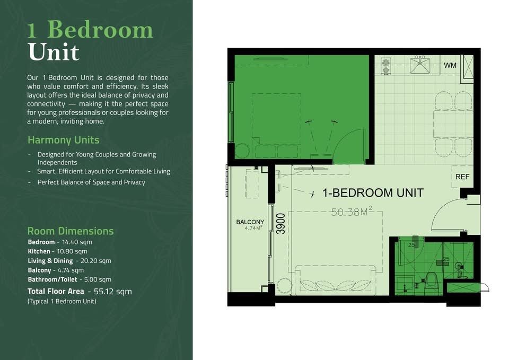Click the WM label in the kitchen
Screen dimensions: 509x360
[x=450, y=65]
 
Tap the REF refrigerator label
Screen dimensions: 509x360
[x=462, y=177]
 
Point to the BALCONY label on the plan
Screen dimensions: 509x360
[x=250, y=222]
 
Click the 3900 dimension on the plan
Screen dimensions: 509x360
[x=281, y=224]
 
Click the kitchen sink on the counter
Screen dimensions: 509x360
[x=420, y=65]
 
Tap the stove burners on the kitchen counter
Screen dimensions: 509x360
[x=385, y=66]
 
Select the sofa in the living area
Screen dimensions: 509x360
[x=336, y=280]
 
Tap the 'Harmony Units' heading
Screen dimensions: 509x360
[x=63, y=140]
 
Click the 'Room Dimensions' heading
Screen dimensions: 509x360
[x=71, y=231]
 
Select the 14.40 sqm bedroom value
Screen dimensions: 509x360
[x=77, y=242]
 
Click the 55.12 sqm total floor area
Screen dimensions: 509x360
[x=112, y=292]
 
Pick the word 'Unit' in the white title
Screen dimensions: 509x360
[x=54, y=51]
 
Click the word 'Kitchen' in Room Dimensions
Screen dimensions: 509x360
[x=39, y=251]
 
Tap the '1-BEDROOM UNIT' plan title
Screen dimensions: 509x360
[x=373, y=193]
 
